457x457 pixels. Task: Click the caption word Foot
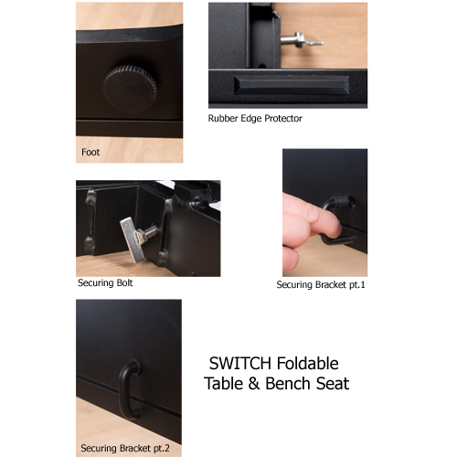pyautogui.click(x=90, y=153)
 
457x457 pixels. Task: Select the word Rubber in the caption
pyautogui.click(x=223, y=119)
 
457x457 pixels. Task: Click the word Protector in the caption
pyautogui.click(x=282, y=119)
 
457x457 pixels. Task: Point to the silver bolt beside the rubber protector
pyautogui.click(x=295, y=38)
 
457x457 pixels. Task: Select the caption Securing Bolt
pyautogui.click(x=105, y=283)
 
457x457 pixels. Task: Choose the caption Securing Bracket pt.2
pyautogui.click(x=124, y=448)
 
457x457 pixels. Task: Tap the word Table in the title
pyautogui.click(x=225, y=384)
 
